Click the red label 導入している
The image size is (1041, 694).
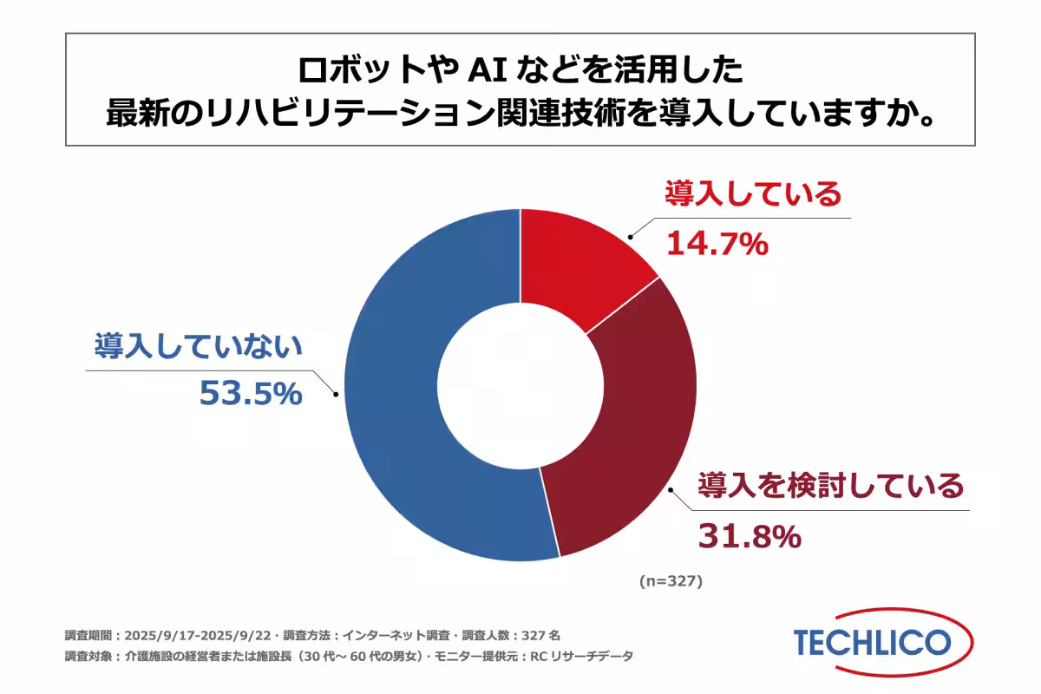coord(753,193)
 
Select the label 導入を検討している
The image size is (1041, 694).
coord(831,485)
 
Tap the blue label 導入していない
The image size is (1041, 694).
coord(198,346)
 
